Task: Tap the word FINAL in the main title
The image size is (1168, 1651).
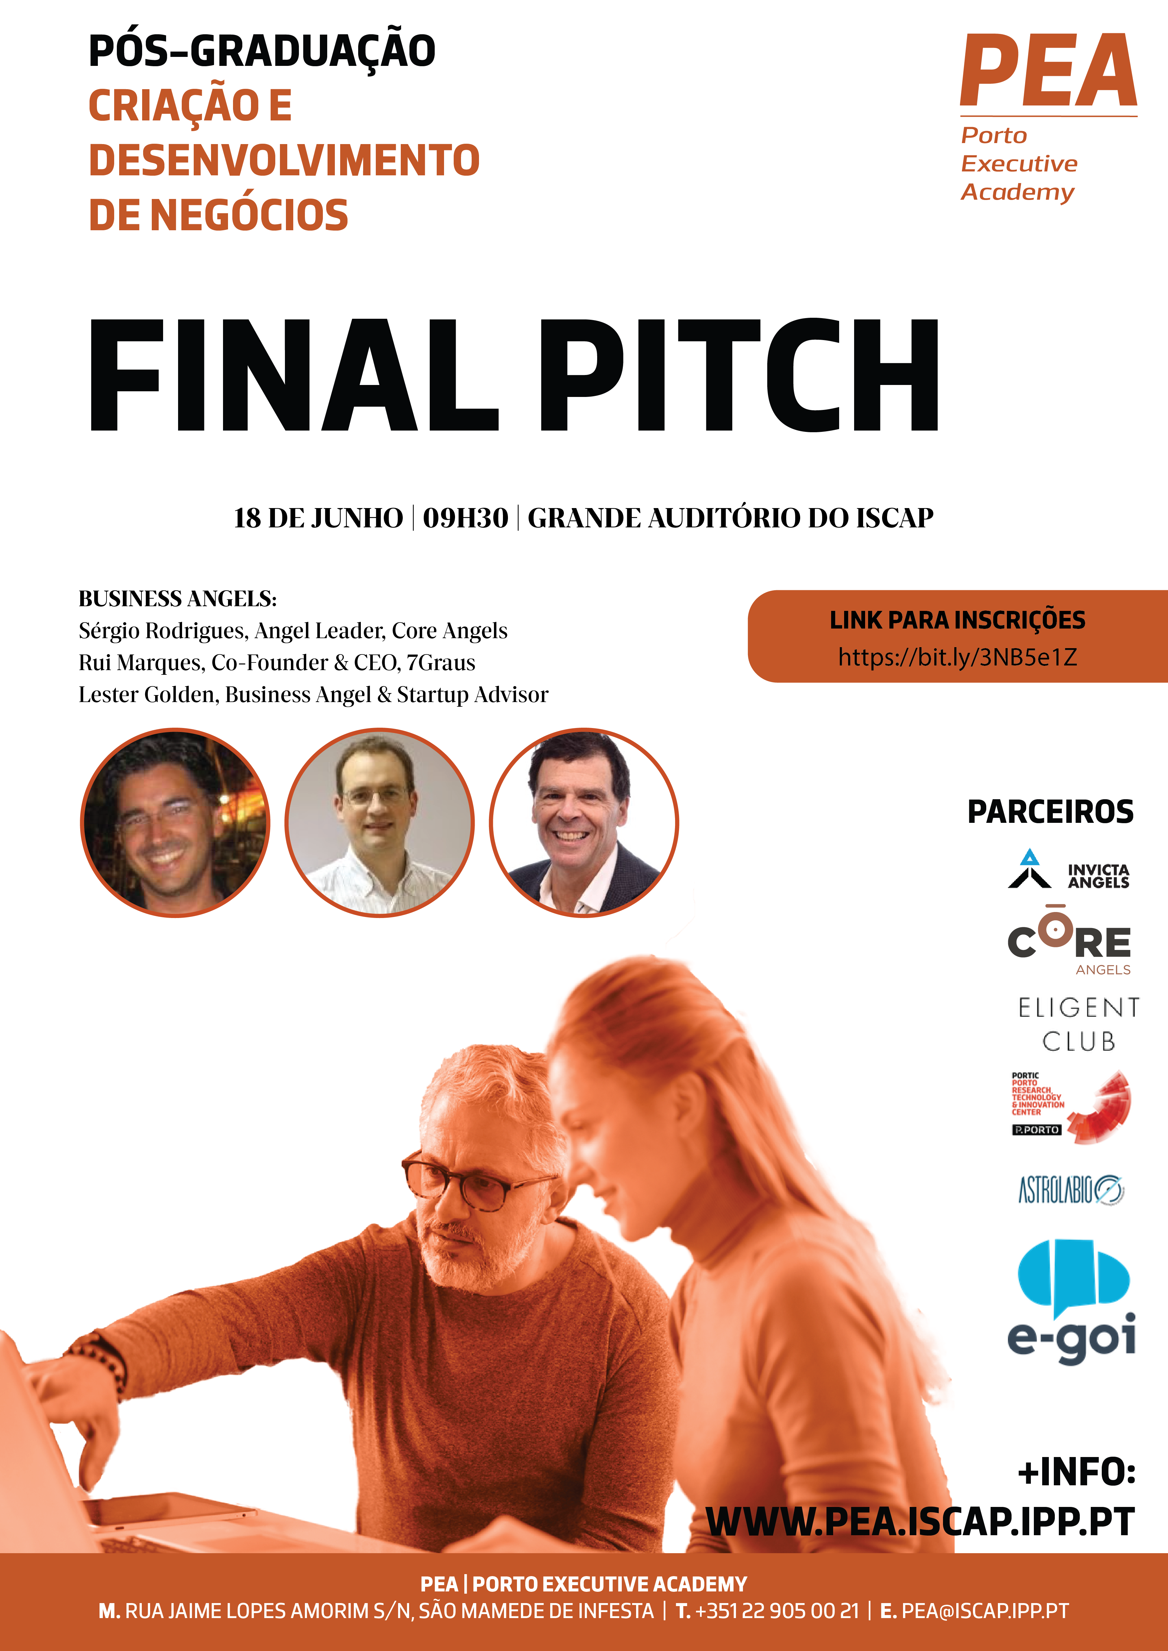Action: pyautogui.click(x=294, y=375)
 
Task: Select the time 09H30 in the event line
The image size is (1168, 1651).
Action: pyautogui.click(x=465, y=518)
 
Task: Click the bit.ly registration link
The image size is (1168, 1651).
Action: pyautogui.click(x=957, y=656)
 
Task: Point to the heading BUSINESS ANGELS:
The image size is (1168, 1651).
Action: pyautogui.click(x=178, y=598)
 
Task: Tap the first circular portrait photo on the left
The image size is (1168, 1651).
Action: pyautogui.click(x=175, y=823)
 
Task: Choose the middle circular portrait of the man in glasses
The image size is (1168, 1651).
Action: pyautogui.click(x=380, y=823)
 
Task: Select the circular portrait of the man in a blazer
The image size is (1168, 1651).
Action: pyautogui.click(x=584, y=823)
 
